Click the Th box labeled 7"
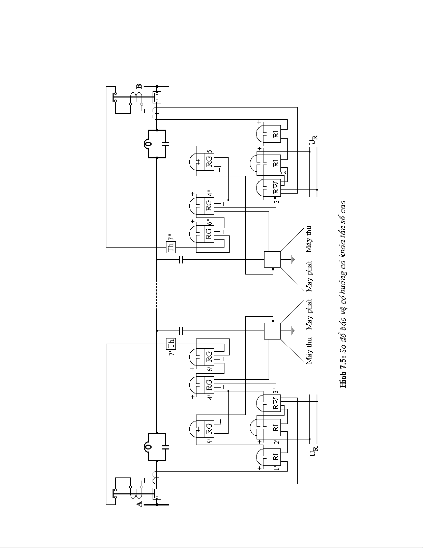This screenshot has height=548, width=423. (x=171, y=247)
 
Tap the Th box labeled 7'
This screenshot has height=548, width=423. (x=171, y=344)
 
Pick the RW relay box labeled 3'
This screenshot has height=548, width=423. (x=276, y=402)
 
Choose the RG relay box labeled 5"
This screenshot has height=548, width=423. (x=209, y=161)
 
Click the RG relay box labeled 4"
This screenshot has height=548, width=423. (x=209, y=205)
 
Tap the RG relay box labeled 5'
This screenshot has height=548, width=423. (x=209, y=429)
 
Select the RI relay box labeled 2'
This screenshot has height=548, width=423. (x=276, y=428)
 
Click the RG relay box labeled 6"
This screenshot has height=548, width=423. (x=209, y=234)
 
